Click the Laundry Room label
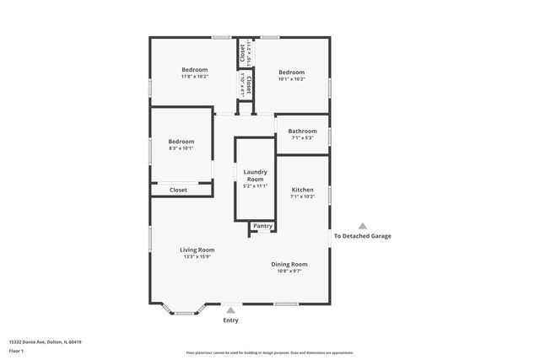pos(255,175)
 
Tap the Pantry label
pos(262,225)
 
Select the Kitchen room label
pos(302,190)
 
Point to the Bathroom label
pos(302,131)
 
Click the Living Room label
pos(197,250)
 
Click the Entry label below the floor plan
pos(230,320)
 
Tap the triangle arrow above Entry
pos(230,310)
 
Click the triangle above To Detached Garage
pos(363,226)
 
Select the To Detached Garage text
pos(363,236)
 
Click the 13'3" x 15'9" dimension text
pos(197,256)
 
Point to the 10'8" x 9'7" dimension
pos(286,271)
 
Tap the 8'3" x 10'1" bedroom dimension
pos(181,148)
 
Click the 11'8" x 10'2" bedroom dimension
pos(194,77)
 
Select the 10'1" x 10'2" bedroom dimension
pos(291,79)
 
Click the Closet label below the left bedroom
pos(179,190)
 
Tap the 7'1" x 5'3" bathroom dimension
pos(302,138)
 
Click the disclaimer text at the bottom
pos(270,352)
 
